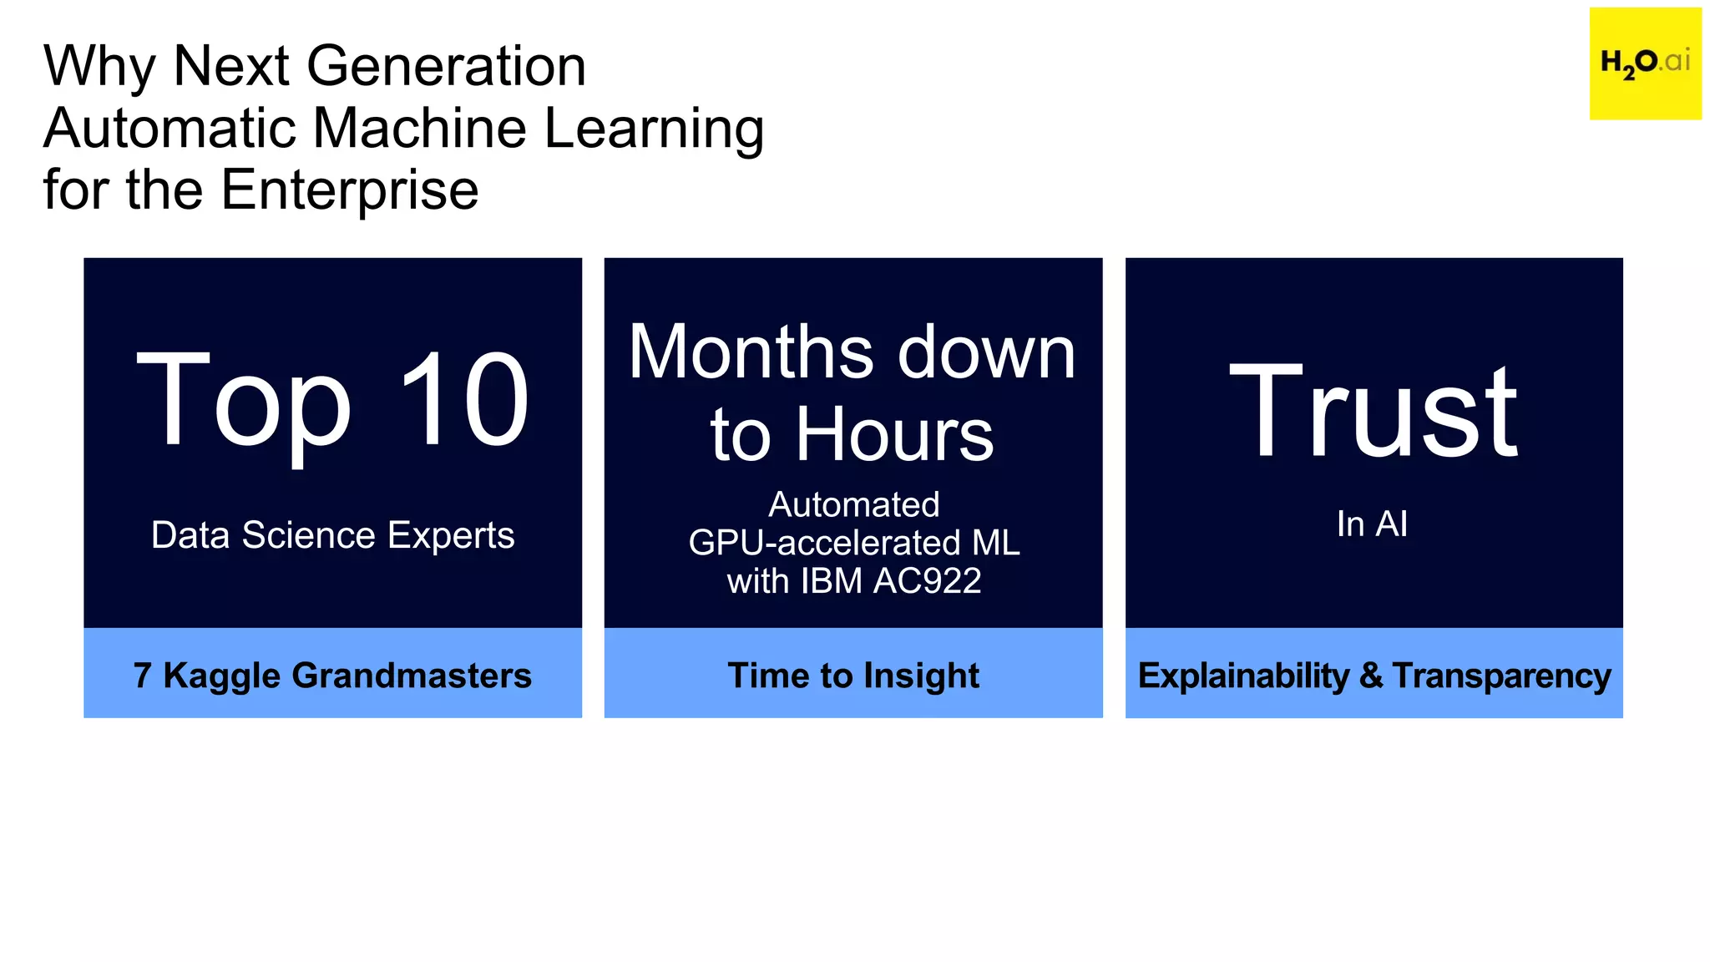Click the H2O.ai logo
[1644, 63]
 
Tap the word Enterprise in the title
[349, 190]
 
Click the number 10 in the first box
[463, 401]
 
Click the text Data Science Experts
[332, 535]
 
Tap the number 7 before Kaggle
[142, 676]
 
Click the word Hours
[894, 434]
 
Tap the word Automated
[853, 504]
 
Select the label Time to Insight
[853, 676]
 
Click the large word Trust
[1374, 411]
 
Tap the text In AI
[1372, 524]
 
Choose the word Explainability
[1243, 676]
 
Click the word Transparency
[1501, 676]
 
